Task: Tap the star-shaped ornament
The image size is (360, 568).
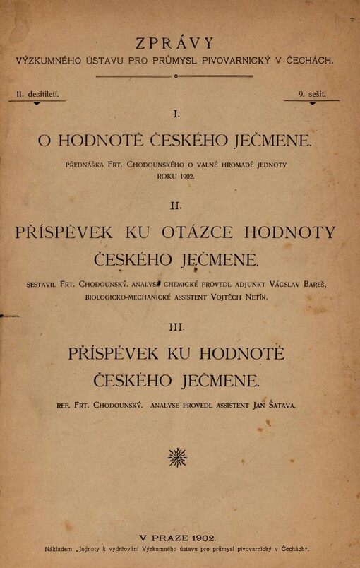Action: [x=178, y=458]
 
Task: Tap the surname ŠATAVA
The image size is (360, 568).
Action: [x=278, y=406]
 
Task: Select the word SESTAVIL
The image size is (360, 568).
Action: [x=46, y=285]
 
